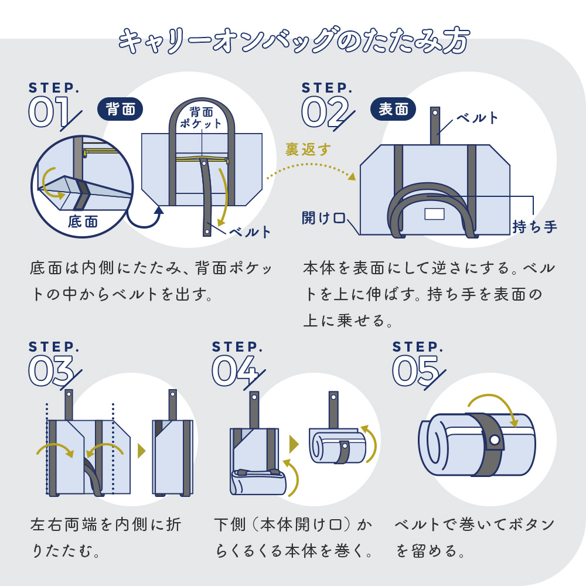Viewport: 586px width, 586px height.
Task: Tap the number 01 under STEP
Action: tap(49, 112)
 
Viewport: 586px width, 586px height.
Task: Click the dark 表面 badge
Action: tap(393, 109)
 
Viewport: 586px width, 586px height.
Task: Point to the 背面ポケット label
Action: tap(201, 117)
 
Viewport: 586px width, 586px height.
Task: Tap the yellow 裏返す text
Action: tap(308, 149)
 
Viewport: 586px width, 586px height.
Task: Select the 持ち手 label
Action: tap(534, 226)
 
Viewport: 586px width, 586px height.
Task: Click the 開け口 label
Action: tap(323, 219)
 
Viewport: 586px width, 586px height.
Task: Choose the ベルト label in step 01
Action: tap(250, 232)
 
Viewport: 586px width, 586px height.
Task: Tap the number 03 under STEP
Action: tap(50, 370)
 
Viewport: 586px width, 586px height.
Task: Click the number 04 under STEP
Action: tap(234, 370)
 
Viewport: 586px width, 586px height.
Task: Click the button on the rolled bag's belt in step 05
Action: tap(493, 440)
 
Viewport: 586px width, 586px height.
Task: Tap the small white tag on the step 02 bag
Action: tap(434, 214)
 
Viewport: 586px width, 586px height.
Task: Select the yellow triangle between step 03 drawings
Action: tap(141, 451)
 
